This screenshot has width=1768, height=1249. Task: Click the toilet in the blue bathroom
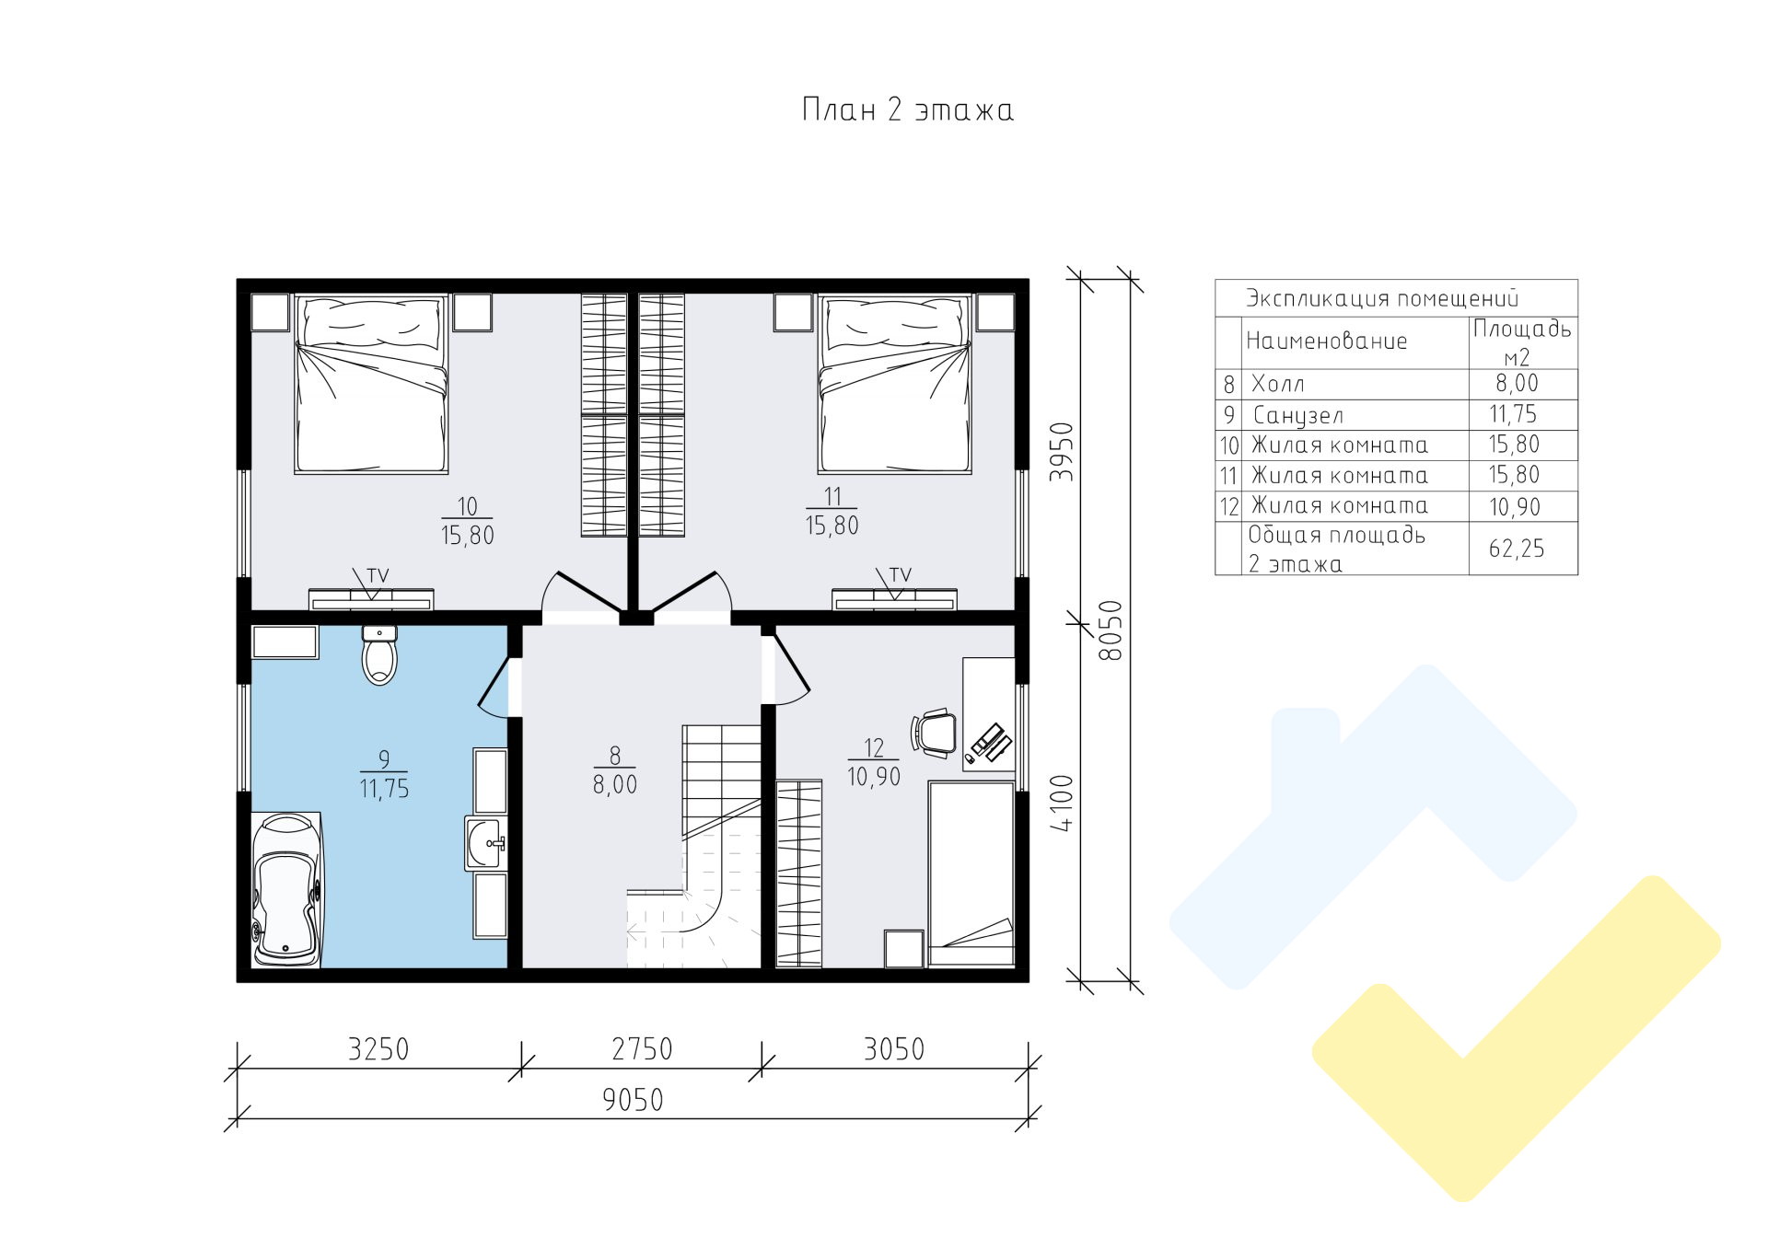click(379, 655)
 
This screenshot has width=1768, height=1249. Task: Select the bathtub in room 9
click(285, 889)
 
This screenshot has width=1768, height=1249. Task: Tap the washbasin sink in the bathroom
click(485, 842)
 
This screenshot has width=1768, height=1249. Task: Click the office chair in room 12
click(934, 733)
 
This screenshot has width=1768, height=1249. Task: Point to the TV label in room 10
click(378, 575)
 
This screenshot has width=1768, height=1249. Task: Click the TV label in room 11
click(900, 575)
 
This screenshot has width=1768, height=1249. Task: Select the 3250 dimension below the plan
click(378, 1049)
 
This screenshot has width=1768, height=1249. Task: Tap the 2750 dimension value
click(642, 1049)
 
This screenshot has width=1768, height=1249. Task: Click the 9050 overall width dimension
click(633, 1100)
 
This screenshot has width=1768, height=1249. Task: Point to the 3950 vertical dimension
click(1064, 452)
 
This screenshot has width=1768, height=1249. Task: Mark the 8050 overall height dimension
click(1112, 630)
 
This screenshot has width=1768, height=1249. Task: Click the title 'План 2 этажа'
click(908, 110)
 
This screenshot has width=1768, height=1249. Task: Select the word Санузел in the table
click(1297, 415)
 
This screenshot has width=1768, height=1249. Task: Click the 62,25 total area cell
click(1516, 549)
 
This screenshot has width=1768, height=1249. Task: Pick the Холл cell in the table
click(1277, 384)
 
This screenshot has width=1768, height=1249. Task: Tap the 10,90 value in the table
click(1515, 507)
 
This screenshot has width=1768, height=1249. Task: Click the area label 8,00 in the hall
click(614, 785)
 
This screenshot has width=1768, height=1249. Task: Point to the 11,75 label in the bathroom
click(384, 789)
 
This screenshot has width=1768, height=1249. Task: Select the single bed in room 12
click(971, 873)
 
